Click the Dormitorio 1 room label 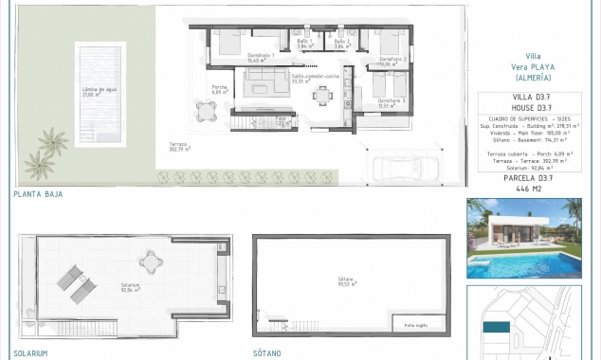tap(261, 58)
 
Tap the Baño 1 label tap(304, 44)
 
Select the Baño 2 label tap(341, 44)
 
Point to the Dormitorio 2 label tap(392, 62)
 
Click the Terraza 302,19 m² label tap(179, 148)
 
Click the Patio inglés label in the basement tap(415, 325)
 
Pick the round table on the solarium tap(150, 258)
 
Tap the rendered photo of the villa tap(523, 238)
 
